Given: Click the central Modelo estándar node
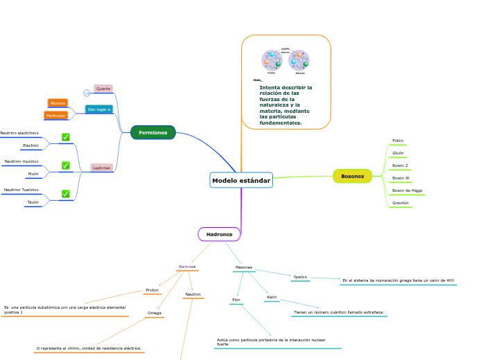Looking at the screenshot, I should point(241,181).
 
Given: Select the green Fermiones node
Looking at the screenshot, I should point(153,132).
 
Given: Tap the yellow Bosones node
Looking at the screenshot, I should point(352,176).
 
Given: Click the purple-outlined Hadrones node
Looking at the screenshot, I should point(219,234).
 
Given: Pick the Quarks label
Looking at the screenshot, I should point(103,89).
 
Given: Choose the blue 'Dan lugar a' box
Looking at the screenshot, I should point(99,109).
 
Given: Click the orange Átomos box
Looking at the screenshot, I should point(58,103).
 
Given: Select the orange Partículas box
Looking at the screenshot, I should point(55,116).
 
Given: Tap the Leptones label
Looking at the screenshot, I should point(102,168).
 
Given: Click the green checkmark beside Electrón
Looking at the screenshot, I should point(66,137).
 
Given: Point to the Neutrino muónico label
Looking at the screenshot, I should point(21,161).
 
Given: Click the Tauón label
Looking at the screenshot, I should point(33,202).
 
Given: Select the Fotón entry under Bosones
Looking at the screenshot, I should point(398,141).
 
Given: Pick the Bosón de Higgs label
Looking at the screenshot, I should point(407,190).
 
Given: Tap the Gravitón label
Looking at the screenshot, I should point(401,203).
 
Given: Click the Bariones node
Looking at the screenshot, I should point(187,267).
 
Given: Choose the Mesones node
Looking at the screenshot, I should point(244,267).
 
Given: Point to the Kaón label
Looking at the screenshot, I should point(272,297).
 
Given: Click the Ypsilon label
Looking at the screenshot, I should point(300,277).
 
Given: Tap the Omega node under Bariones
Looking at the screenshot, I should point(154,313).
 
